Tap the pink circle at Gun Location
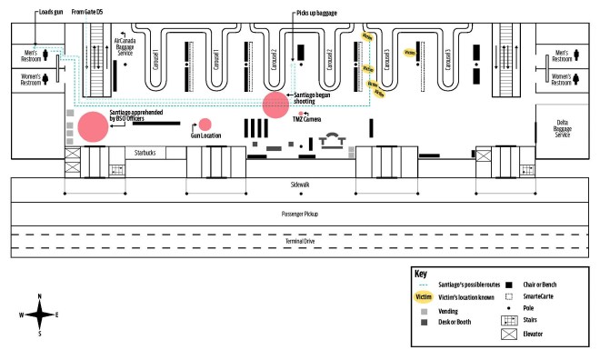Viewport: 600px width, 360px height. tap(205, 125)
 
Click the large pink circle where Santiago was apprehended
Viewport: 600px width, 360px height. tap(91, 126)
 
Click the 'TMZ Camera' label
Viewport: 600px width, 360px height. tap(305, 120)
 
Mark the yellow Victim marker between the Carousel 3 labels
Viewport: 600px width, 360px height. tap(410, 53)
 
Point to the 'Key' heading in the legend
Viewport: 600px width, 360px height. tap(421, 273)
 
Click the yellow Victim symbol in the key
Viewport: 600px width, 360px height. tap(424, 297)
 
